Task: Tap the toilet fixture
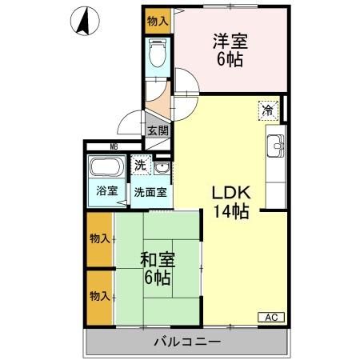coord(157,52)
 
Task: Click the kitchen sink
coord(274,146)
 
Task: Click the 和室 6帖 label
coord(157,270)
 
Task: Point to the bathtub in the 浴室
coord(107,170)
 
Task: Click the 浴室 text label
coord(107,191)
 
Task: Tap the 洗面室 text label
coord(150,192)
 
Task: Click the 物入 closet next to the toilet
coord(158,21)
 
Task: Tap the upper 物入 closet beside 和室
coord(100,239)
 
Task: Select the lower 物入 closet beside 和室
coord(100,296)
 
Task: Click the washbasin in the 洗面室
coord(162,168)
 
